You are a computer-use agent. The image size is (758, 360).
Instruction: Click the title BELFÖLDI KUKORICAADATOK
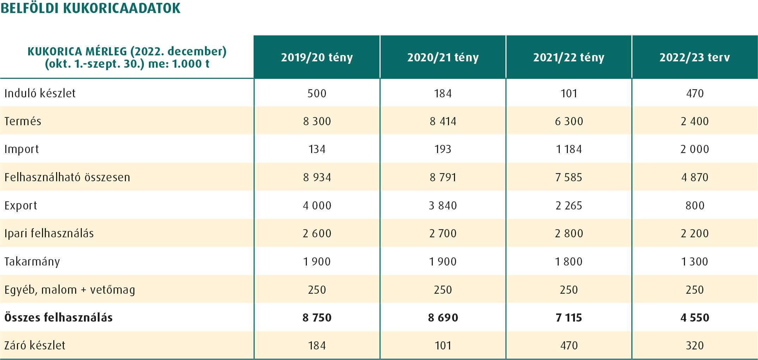(x=90, y=8)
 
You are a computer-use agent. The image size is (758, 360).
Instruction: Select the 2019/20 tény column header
(x=317, y=57)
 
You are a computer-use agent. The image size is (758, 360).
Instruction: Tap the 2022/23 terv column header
(x=695, y=57)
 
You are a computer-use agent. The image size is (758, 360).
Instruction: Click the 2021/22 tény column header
(x=569, y=57)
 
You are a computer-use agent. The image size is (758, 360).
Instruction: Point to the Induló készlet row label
(x=40, y=93)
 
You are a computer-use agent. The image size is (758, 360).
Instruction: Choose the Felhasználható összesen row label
(x=67, y=177)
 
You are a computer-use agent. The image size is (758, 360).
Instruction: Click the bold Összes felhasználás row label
(x=58, y=317)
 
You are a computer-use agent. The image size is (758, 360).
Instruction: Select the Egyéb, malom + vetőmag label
(x=69, y=289)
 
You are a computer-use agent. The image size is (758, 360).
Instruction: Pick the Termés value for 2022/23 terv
(x=695, y=121)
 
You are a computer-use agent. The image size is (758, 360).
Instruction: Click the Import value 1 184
(x=569, y=149)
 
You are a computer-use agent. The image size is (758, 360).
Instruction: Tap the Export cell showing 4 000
(x=317, y=205)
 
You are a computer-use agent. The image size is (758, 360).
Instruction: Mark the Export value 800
(x=695, y=205)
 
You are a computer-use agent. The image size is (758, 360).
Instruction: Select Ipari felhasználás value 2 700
(x=443, y=233)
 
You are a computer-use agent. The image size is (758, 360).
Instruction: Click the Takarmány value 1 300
(x=695, y=262)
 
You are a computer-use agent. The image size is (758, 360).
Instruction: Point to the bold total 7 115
(x=569, y=317)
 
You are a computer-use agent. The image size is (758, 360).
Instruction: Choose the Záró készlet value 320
(x=695, y=345)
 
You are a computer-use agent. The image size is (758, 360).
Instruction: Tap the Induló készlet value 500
(x=317, y=93)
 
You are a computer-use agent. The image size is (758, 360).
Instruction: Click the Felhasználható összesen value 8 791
(x=443, y=177)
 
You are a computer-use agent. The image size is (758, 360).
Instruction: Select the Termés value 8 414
(x=443, y=121)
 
